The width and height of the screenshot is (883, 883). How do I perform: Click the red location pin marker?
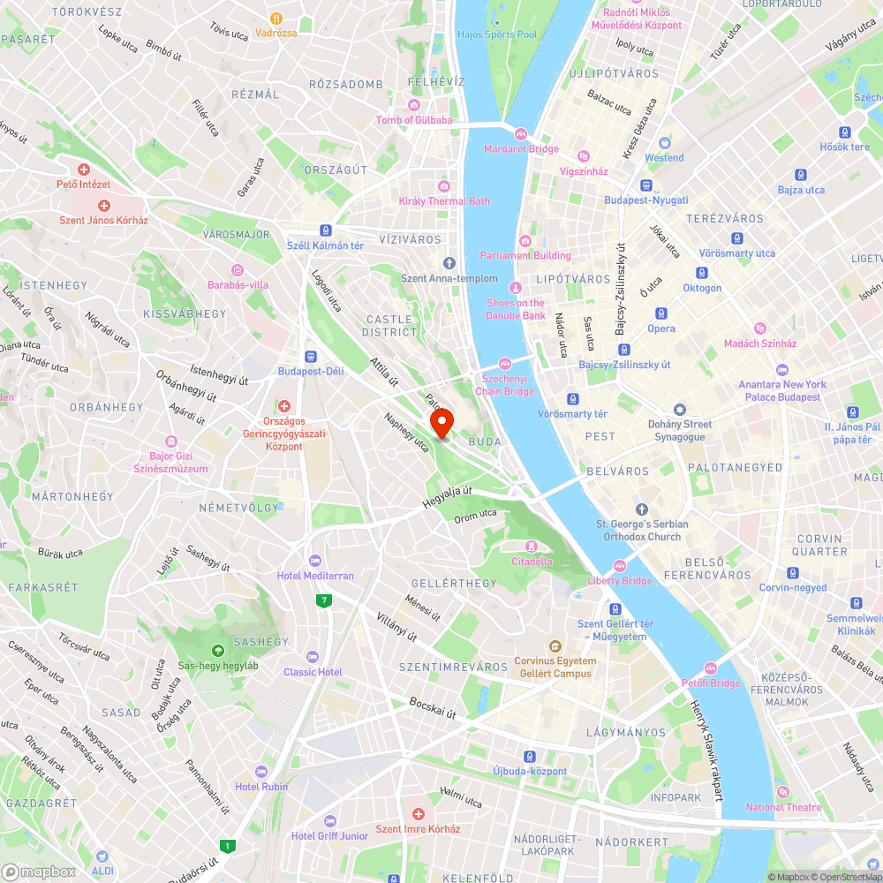[x=441, y=424]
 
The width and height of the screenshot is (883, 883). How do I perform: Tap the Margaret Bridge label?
[x=521, y=149]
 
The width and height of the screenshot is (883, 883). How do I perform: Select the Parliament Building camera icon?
[x=525, y=241]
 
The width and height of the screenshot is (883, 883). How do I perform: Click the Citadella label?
[x=532, y=562]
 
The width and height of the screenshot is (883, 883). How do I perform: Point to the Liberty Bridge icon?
[x=620, y=566]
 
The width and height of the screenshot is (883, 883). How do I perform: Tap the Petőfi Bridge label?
[x=711, y=683]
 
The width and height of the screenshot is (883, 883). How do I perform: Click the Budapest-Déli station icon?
[x=311, y=357]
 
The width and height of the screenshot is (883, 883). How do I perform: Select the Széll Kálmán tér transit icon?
[x=325, y=230]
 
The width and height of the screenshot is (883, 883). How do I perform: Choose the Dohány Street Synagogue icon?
[x=679, y=410]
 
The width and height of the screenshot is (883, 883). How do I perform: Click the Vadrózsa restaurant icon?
[x=275, y=18]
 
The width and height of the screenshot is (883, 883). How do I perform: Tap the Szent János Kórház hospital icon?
[x=103, y=205]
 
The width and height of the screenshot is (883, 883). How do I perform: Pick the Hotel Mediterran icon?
[x=315, y=561]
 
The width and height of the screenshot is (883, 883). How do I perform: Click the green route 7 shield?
[x=325, y=601]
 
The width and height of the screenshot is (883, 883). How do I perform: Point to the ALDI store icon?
[x=102, y=857]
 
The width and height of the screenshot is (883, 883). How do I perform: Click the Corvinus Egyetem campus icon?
[x=555, y=646]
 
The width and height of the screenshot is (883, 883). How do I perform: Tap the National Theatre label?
[x=783, y=807]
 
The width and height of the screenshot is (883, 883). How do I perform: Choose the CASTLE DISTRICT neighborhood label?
[x=389, y=326]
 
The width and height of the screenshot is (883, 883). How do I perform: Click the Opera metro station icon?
[x=661, y=313]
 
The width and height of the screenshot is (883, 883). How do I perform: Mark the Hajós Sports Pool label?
[x=497, y=34]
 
